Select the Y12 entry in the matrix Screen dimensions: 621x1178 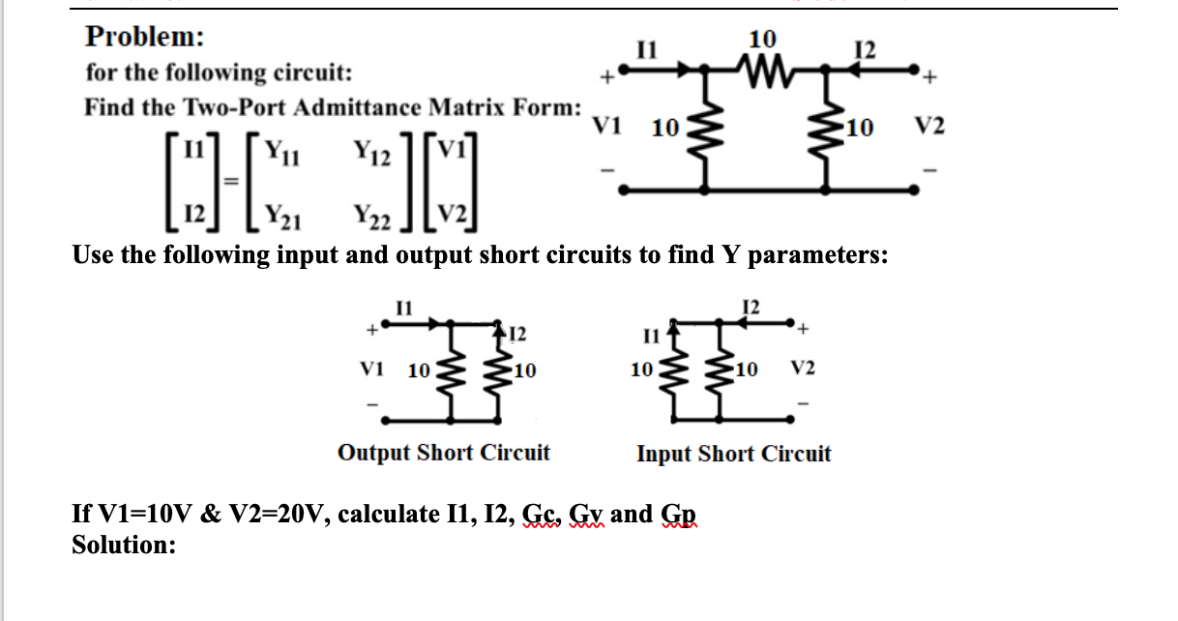371,151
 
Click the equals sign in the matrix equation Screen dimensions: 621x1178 228,182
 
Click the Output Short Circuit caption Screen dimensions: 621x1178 444,453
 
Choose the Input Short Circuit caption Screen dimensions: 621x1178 733,454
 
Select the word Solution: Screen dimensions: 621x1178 125,545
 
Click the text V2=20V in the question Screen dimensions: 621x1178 280,514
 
